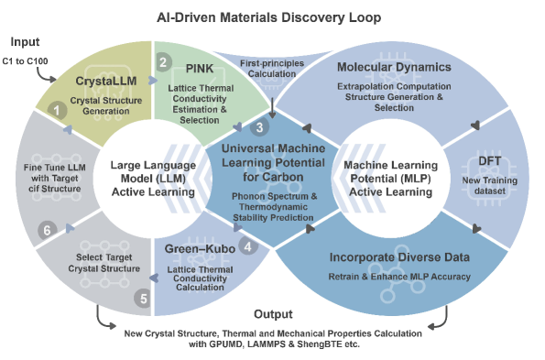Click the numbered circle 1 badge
(57, 111)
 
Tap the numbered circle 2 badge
(163, 62)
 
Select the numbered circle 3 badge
(259, 127)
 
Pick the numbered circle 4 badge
(248, 246)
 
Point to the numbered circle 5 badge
(143, 299)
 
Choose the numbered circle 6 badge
(47, 230)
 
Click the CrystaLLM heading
(106, 81)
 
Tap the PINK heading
(200, 69)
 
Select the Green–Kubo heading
(200, 249)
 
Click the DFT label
(490, 161)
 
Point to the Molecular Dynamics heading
(394, 67)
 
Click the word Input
(25, 42)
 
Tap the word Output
(273, 314)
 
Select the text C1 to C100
(25, 61)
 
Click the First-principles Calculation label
(272, 69)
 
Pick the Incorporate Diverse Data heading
(399, 257)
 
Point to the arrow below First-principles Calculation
(273, 108)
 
